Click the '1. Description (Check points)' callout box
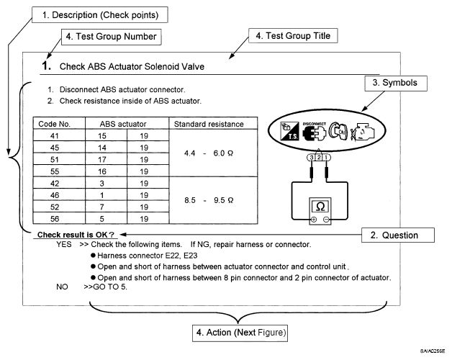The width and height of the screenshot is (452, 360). point(100,15)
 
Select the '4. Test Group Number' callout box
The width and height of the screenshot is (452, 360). point(112,37)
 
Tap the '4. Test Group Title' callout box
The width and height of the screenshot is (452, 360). point(293,36)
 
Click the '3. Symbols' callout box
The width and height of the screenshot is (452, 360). point(396,84)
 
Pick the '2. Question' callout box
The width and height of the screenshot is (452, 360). point(398,235)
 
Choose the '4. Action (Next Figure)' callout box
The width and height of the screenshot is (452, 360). point(240,333)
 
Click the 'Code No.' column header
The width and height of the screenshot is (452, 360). point(54,124)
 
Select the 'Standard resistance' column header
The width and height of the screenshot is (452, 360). point(209,124)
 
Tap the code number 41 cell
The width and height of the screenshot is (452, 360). point(55,136)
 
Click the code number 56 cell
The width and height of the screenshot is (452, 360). point(55,219)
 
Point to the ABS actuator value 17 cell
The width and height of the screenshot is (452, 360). point(102,160)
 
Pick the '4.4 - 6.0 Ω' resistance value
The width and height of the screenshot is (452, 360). point(209,153)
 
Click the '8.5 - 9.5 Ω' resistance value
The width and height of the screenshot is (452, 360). point(209,200)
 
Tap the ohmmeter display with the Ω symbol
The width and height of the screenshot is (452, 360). point(320,207)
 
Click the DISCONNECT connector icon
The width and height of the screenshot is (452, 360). point(315,132)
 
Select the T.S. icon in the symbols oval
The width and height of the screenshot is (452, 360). point(289,131)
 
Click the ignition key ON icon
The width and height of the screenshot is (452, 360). point(339,131)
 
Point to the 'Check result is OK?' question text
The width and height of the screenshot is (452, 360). point(76,235)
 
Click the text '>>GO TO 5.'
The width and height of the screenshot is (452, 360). point(105,287)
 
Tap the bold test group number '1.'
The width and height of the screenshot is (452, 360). point(47,66)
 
